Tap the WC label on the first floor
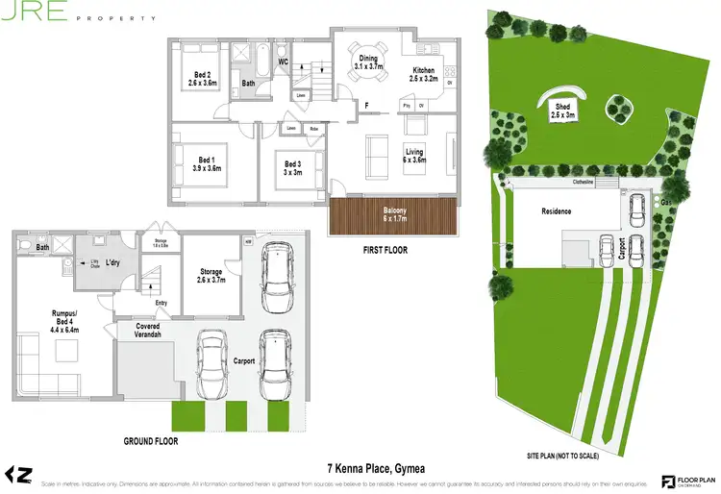click(284, 62)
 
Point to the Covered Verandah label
click(141, 332)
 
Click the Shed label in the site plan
click(561, 108)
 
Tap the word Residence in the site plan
click(557, 211)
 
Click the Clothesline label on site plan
click(585, 181)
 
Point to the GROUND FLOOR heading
click(151, 441)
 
